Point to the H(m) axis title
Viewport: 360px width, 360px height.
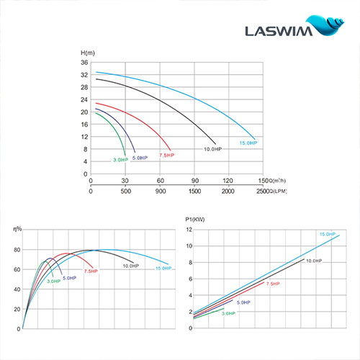(87, 53)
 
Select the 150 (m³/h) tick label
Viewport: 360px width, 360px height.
(262, 181)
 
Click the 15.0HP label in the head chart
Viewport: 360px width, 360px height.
(246, 142)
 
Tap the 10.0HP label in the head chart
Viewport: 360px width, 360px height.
(212, 149)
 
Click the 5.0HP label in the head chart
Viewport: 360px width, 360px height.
(139, 158)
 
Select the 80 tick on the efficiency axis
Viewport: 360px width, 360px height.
(16, 250)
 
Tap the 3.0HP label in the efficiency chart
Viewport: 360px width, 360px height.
(53, 282)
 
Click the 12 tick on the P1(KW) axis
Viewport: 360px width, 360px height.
(189, 230)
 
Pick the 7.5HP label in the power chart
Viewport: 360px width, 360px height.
(273, 284)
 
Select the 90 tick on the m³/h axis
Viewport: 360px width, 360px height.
(194, 181)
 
